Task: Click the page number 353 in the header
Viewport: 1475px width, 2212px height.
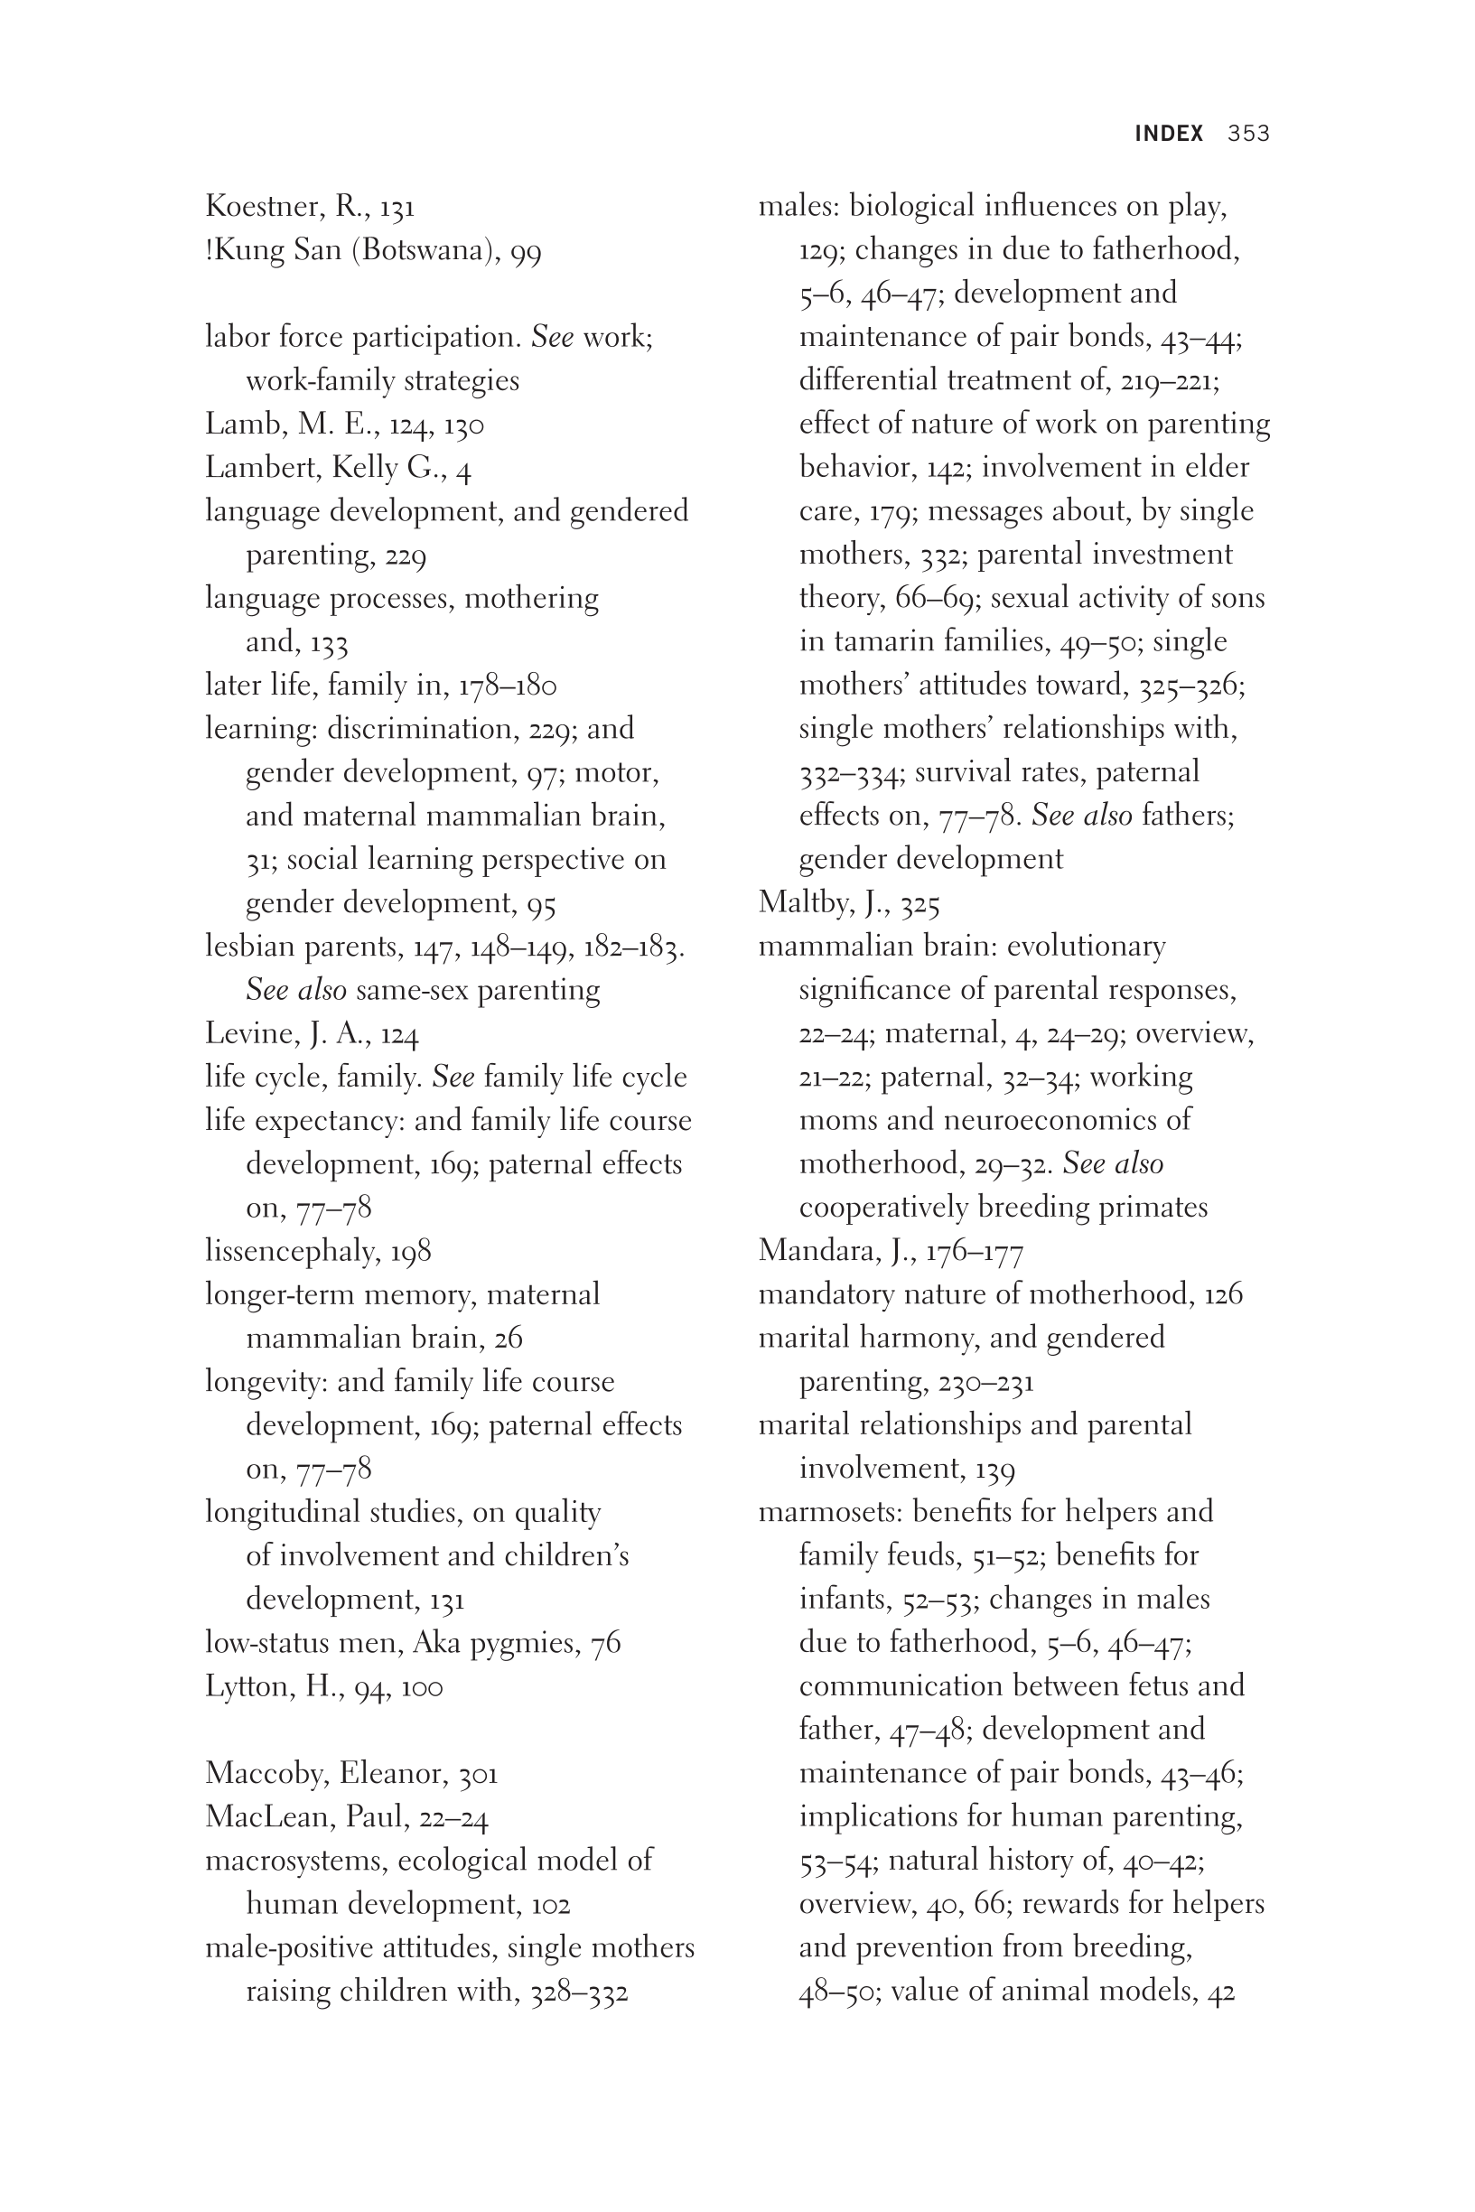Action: tap(1248, 134)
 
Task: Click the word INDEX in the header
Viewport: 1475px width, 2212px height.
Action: tap(1168, 134)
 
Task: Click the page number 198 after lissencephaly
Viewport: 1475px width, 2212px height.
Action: tap(411, 1252)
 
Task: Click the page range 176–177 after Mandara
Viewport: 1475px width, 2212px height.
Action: tap(974, 1252)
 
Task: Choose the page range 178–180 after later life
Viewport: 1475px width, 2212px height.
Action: tap(507, 686)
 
